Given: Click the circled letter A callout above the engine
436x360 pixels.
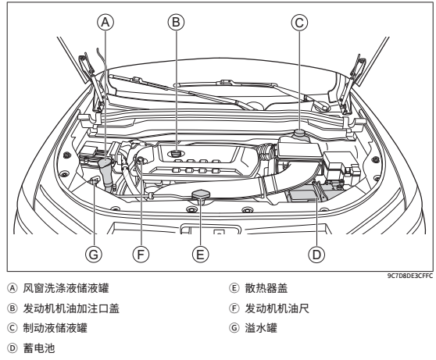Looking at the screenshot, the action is click(x=105, y=22).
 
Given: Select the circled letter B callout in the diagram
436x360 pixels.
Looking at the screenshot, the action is click(x=176, y=22).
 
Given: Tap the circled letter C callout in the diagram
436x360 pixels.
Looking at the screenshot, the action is click(x=299, y=23).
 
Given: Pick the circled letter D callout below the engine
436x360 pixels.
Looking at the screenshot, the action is click(x=316, y=255).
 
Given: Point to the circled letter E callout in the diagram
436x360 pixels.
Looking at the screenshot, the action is click(x=200, y=255).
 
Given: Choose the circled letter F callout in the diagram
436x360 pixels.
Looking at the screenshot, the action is click(x=141, y=255).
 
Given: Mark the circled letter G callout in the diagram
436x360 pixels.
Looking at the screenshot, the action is click(x=94, y=255).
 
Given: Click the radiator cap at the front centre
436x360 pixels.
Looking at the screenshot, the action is click(x=201, y=195).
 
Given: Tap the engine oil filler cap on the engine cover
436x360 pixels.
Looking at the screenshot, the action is click(x=176, y=153).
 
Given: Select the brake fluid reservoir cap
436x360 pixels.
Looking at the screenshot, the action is click(x=299, y=132).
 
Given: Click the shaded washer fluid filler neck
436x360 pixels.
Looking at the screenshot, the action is click(x=105, y=173).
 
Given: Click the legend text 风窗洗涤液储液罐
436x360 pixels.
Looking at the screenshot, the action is click(x=66, y=288).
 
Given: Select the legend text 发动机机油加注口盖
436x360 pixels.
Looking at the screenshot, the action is click(x=71, y=308).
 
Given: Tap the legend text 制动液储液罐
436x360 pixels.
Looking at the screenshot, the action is click(x=55, y=328).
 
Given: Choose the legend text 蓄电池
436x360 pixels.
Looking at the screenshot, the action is click(x=39, y=348).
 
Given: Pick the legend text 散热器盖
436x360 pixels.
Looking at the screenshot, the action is click(x=266, y=288).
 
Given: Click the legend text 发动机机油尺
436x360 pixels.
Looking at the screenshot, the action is click(x=277, y=308).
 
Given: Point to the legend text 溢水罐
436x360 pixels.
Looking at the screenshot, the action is click(x=261, y=328).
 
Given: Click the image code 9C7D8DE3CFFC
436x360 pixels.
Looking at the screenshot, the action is click(x=410, y=276).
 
